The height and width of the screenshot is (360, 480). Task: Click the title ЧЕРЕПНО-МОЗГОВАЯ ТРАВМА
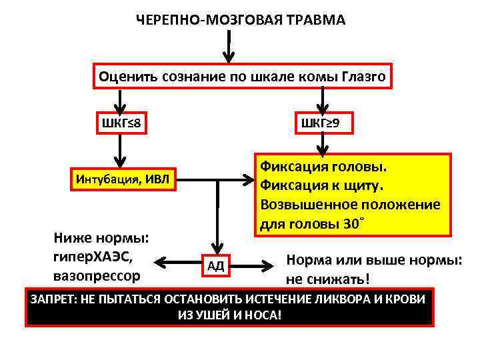pyautogui.click(x=241, y=20)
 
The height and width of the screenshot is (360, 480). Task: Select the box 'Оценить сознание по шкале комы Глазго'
pyautogui.click(x=242, y=77)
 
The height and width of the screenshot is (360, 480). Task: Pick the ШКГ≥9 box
pyautogui.click(x=321, y=124)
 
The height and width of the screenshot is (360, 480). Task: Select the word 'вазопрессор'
pyautogui.click(x=96, y=274)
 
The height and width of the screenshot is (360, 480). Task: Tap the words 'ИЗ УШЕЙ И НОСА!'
pyautogui.click(x=229, y=314)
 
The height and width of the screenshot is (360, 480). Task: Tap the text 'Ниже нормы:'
pyautogui.click(x=100, y=238)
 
